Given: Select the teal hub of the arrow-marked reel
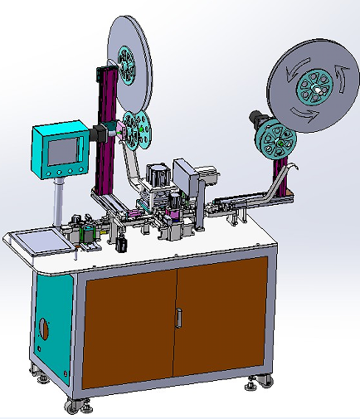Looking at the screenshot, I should tap(317, 84).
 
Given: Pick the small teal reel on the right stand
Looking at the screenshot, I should tap(276, 140).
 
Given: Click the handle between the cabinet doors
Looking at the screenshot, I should tap(178, 316).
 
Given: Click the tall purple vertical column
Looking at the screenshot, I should tap(105, 133).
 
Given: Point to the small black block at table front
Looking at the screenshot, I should tap(123, 245).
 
